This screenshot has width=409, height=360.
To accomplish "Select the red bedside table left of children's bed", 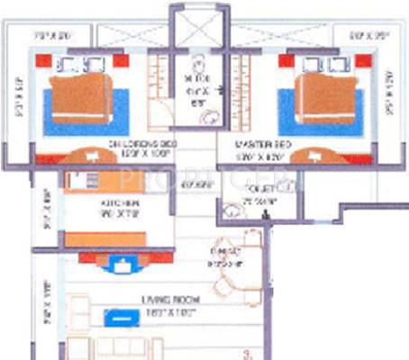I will [x=42, y=61].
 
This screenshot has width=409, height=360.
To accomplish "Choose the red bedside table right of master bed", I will [x=363, y=61].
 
